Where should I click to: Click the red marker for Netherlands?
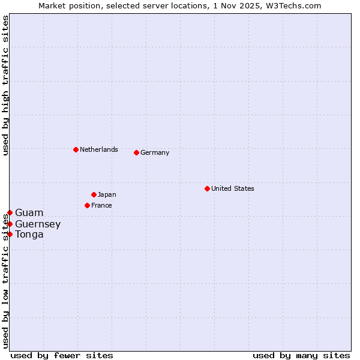pyautogui.click(x=76, y=149)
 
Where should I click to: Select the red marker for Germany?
pyautogui.click(x=136, y=152)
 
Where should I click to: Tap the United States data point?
pyautogui.click(x=207, y=188)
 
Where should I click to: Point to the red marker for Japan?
pyautogui.click(x=94, y=194)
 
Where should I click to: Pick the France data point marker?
pyautogui.click(x=87, y=205)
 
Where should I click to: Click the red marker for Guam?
pyautogui.click(x=10, y=212)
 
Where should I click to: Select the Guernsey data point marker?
pyautogui.click(x=10, y=224)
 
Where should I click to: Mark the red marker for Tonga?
pyautogui.click(x=10, y=234)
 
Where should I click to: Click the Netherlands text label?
pyautogui.click(x=99, y=149)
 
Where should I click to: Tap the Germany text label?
pyautogui.click(x=155, y=152)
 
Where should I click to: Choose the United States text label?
pyautogui.click(x=233, y=188)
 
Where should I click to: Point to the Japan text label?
pyautogui.click(x=107, y=194)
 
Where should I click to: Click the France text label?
pyautogui.click(x=101, y=205)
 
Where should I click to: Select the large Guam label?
pyautogui.click(x=29, y=212)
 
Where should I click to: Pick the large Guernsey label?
pyautogui.click(x=38, y=224)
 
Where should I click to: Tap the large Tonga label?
pyautogui.click(x=29, y=234)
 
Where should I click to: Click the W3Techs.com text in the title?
pyautogui.click(x=294, y=5)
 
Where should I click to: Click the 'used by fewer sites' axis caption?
pyautogui.click(x=62, y=355)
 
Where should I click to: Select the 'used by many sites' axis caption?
pyautogui.click(x=301, y=355)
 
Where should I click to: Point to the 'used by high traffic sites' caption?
pyautogui.click(x=5, y=85)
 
